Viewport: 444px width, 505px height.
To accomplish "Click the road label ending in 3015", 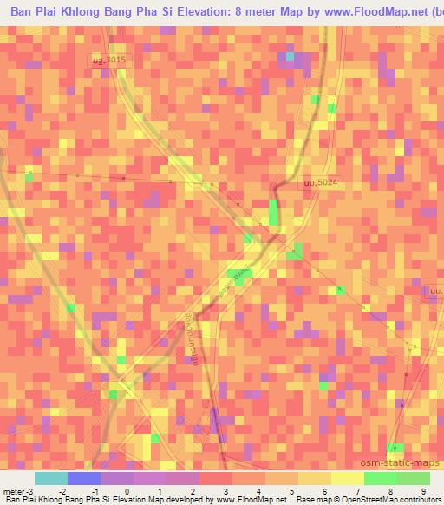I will coord(109,59).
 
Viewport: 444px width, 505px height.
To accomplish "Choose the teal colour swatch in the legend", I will coord(51,478).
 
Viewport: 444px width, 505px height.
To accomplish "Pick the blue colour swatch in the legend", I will coord(84,478).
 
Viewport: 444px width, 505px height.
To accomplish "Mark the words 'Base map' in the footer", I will coord(314,499).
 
